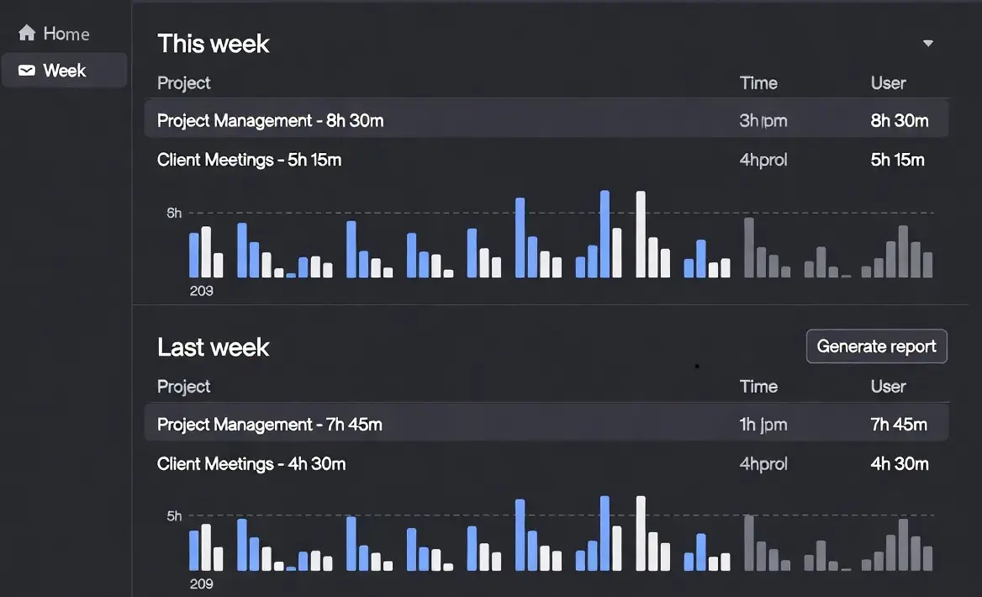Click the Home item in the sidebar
pos(66,34)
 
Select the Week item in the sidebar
pos(64,71)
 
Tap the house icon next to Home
pos(27,34)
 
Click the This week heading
pos(214,44)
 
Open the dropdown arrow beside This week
pos(928,43)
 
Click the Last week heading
pos(214,347)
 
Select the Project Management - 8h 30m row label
pos(270,120)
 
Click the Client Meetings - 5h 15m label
pos(249,160)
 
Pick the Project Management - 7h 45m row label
pos(269,425)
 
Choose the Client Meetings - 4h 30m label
pos(251,463)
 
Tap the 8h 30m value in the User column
pos(900,120)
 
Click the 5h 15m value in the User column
pos(897,160)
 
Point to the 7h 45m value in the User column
pos(899,425)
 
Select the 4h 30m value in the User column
pos(899,463)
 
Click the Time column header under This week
pos(758,83)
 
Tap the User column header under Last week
pos(888,387)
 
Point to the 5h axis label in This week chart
pos(174,213)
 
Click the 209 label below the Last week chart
pos(201,584)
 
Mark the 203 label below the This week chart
pos(201,291)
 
